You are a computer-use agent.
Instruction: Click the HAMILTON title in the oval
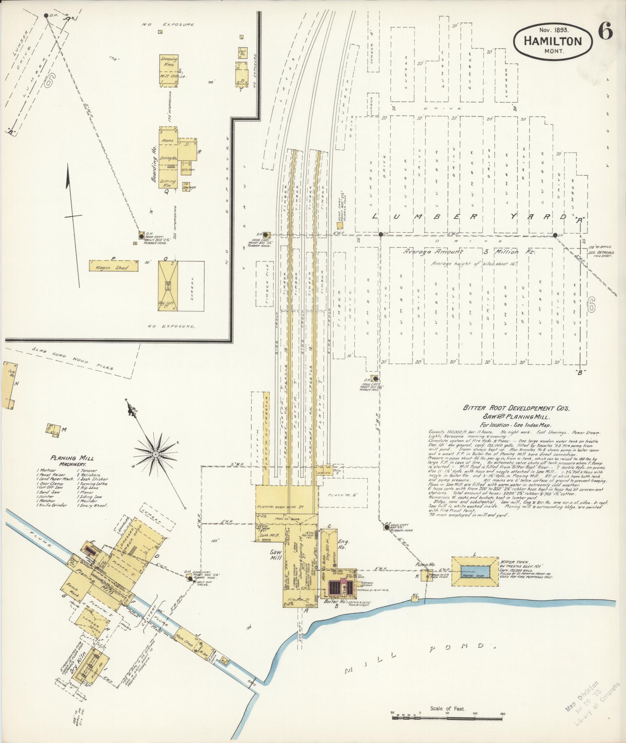pos(553,41)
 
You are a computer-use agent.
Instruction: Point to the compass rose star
pos(156,454)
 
